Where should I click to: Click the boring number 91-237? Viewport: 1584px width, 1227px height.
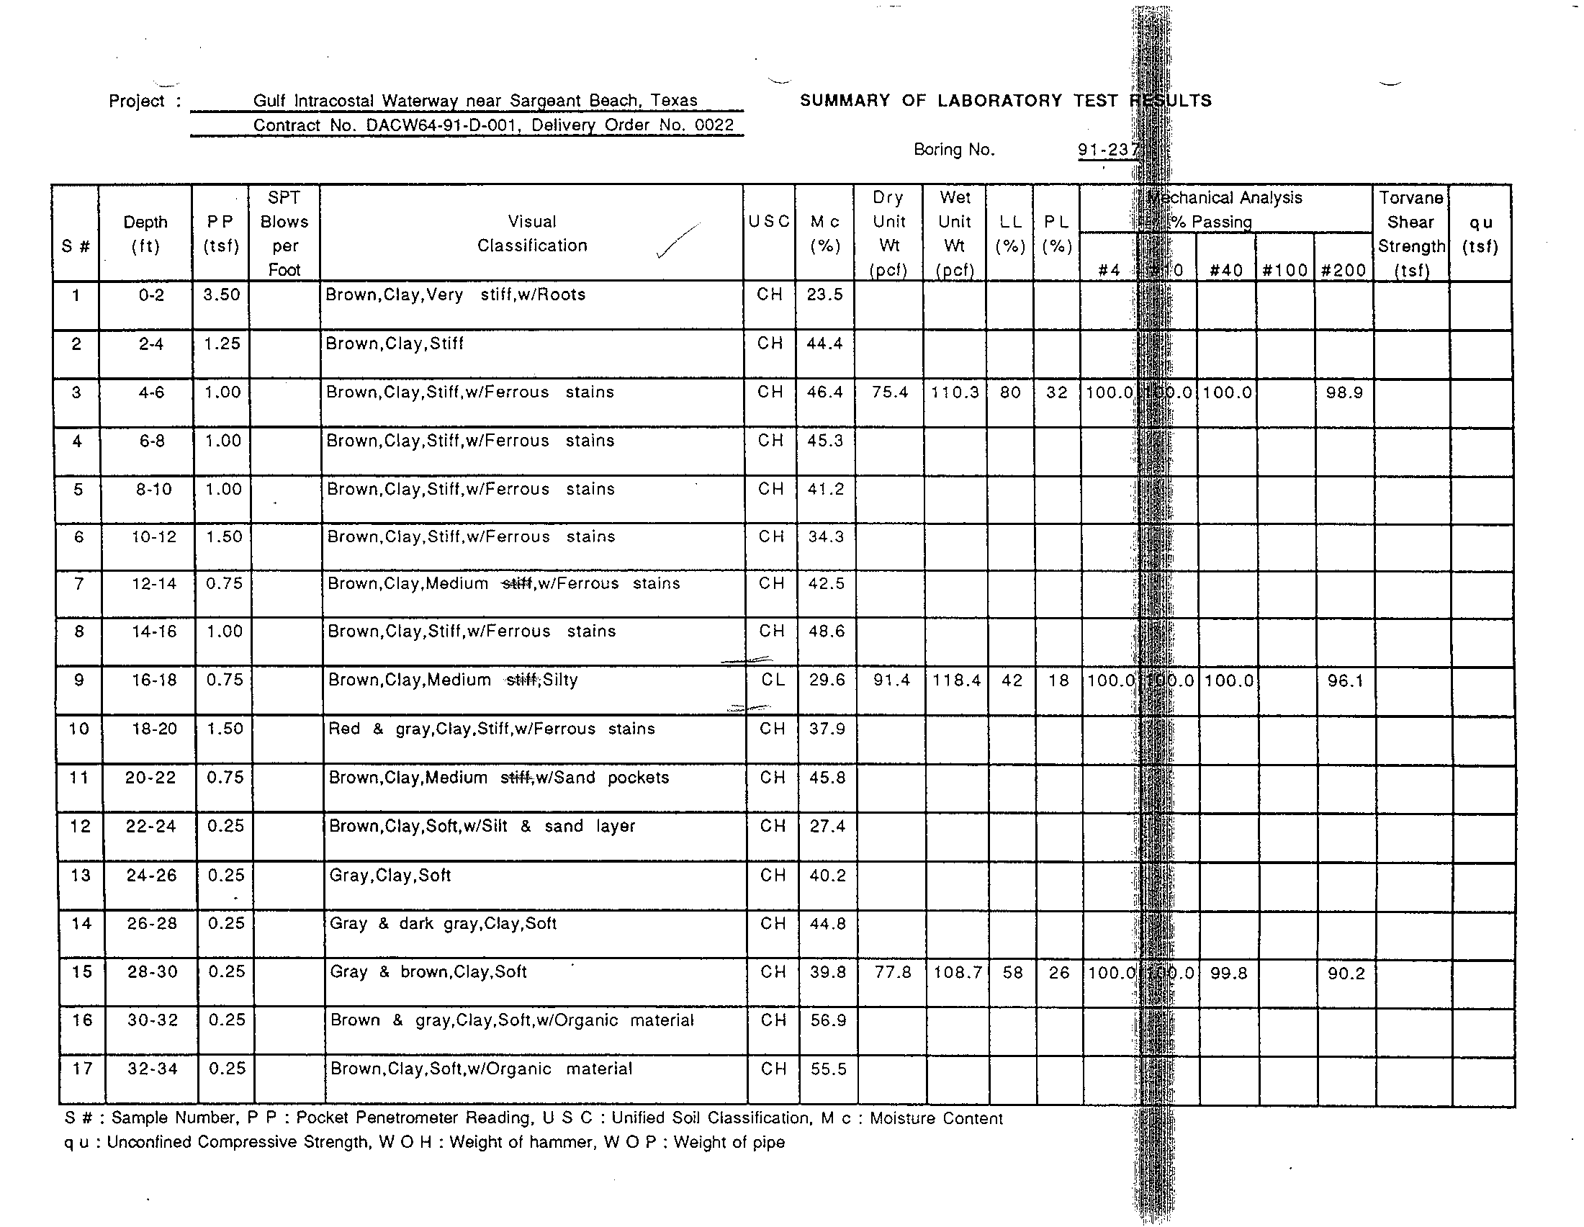tap(1108, 150)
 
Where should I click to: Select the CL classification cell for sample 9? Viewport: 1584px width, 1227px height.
tap(773, 680)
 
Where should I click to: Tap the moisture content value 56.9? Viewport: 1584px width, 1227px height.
tap(828, 1020)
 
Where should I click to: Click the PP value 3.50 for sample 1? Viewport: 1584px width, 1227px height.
tap(221, 295)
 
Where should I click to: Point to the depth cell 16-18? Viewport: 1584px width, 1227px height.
tap(153, 680)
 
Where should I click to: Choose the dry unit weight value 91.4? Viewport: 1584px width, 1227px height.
tap(891, 680)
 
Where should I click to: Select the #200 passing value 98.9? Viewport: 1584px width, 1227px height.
tap(1344, 392)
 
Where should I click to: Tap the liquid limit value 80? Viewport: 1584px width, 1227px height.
tap(1009, 392)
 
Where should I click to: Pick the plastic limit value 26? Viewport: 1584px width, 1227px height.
tap(1059, 973)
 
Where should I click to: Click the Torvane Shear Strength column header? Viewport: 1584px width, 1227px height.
tap(1411, 233)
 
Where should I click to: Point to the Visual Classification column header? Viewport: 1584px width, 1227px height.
tap(531, 233)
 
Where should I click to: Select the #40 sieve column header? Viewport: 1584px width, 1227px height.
tap(1226, 271)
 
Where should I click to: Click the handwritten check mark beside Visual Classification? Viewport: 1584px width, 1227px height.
tap(676, 241)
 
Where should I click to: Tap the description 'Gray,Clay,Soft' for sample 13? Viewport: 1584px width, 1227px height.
tap(390, 876)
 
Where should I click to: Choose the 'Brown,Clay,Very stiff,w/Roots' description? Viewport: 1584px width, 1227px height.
tap(455, 295)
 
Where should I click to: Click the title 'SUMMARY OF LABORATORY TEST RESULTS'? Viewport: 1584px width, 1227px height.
tap(1005, 101)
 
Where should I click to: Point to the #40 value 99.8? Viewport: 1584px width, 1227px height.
tap(1228, 973)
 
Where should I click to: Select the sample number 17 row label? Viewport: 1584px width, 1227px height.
tap(82, 1068)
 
